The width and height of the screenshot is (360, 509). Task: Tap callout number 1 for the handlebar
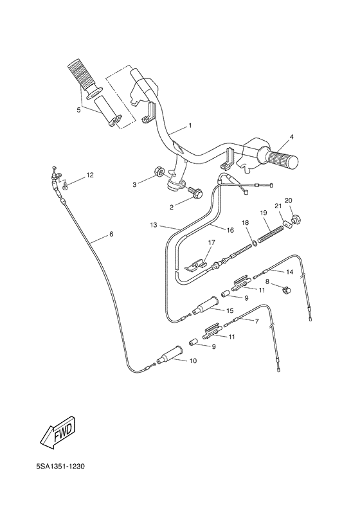(172, 125)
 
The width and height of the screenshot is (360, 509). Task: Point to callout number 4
(291, 137)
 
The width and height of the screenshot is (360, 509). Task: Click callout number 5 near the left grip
(78, 110)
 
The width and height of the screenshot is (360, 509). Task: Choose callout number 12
(89, 174)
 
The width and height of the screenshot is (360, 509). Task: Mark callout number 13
(153, 226)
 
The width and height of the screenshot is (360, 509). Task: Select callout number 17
(209, 242)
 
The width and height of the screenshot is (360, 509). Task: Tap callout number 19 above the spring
(264, 213)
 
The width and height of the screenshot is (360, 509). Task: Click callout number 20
(288, 200)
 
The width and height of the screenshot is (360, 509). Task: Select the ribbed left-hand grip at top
(82, 75)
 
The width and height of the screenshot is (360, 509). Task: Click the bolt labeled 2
(194, 192)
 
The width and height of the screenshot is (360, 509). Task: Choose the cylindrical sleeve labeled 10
(172, 354)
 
